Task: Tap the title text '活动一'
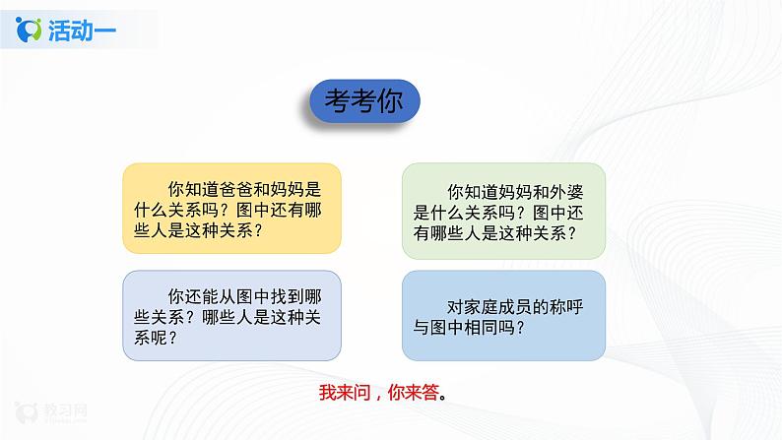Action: coord(82,31)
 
